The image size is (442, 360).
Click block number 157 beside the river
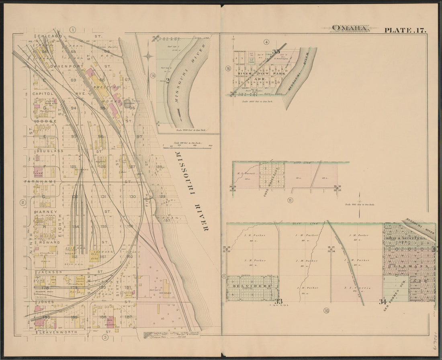tap(166, 221)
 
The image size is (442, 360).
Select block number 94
tap(74, 108)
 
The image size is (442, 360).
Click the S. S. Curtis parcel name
tap(354, 288)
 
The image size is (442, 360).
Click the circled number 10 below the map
tap(326, 310)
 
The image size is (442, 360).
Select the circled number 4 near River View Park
tap(266, 42)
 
